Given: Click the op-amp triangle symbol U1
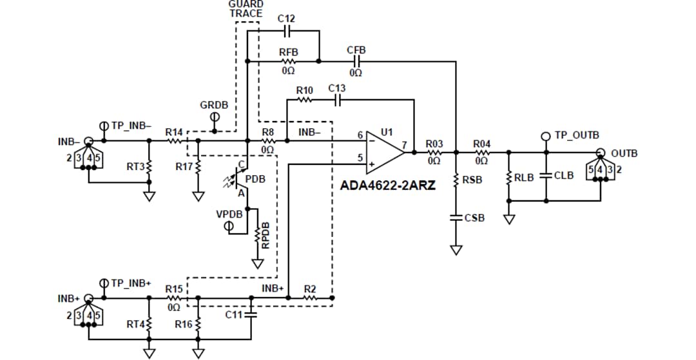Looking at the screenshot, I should pyautogui.click(x=385, y=153).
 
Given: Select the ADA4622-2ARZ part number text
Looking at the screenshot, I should pyautogui.click(x=388, y=185).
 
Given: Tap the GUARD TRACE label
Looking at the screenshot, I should pyautogui.click(x=246, y=8).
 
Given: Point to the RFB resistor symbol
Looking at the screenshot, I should pyautogui.click(x=287, y=61).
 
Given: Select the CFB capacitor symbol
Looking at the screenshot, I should pyautogui.click(x=356, y=61).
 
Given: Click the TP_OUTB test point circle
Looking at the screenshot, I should pyautogui.click(x=546, y=136).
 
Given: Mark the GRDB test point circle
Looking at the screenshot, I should pyautogui.click(x=215, y=117).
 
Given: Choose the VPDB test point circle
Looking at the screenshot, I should pyautogui.click(x=228, y=227).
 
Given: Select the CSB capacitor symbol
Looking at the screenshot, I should pyautogui.click(x=456, y=218).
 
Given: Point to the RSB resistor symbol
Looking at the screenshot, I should pyautogui.click(x=456, y=180).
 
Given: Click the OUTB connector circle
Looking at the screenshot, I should pyautogui.click(x=601, y=153).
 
